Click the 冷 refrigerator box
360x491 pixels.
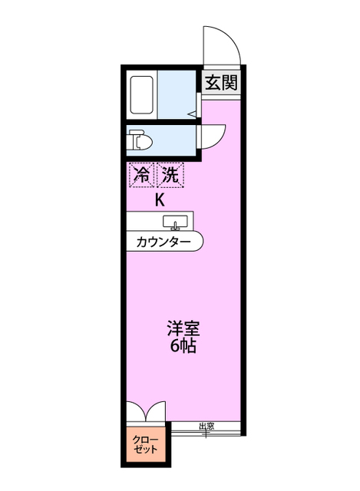click(x=140, y=175)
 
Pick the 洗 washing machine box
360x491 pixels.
click(x=170, y=175)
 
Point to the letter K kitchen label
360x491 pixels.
click(x=160, y=201)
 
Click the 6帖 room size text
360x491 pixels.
click(x=183, y=347)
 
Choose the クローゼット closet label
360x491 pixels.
click(x=145, y=444)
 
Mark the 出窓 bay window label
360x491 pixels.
click(x=206, y=427)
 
